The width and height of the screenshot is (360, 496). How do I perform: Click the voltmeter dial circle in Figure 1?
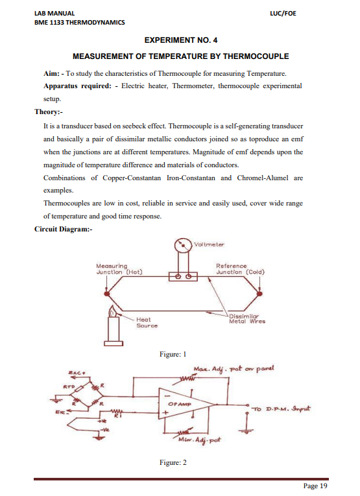coord(183,246)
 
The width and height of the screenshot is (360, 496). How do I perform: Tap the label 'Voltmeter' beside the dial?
coord(209,244)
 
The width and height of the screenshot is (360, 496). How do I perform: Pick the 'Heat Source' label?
coord(143,322)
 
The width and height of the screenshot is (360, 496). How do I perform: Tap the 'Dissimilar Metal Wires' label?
coord(247,318)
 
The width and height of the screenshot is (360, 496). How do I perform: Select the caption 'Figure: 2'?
coord(173,462)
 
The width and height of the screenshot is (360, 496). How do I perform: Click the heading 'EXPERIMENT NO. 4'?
coord(180,40)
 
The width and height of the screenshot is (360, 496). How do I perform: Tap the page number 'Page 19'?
coord(315,486)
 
